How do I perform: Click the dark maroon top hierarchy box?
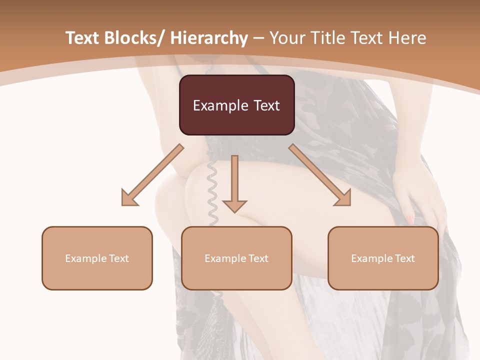pyautogui.click(x=236, y=105)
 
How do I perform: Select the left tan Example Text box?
pyautogui.click(x=97, y=258)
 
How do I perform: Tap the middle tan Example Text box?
pyautogui.click(x=236, y=258)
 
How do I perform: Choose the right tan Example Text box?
pyautogui.click(x=383, y=258)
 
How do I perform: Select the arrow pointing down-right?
pyautogui.click(x=321, y=175)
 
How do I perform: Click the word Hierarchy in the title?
pyautogui.click(x=209, y=38)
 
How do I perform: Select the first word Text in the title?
pyautogui.click(x=84, y=38)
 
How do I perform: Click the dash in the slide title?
pyautogui.click(x=258, y=38)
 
